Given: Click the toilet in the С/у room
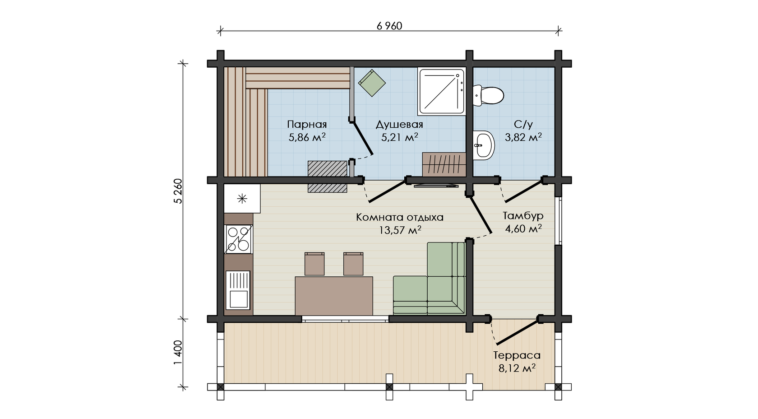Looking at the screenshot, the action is tap(488, 96).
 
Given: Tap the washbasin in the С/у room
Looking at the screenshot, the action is tap(484, 145).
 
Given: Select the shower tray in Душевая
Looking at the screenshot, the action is tap(441, 92).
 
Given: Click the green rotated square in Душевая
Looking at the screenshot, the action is tap(372, 83).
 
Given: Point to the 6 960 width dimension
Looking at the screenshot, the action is tap(389, 26).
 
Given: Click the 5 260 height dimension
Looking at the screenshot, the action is tap(178, 191).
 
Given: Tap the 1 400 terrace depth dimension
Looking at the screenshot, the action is tap(178, 353).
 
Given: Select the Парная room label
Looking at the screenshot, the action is tap(307, 125).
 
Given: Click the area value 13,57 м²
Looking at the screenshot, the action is tap(400, 230).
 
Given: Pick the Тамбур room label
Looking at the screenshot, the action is tap(523, 216).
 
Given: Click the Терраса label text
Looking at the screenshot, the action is tap(517, 355).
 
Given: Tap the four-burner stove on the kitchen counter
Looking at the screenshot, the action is tap(238, 239).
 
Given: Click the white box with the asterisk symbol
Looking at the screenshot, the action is tap(242, 199).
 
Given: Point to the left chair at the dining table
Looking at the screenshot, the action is tap(314, 264).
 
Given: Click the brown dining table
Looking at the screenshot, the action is tap(334, 296).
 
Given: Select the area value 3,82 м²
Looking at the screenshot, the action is tap(523, 137).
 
